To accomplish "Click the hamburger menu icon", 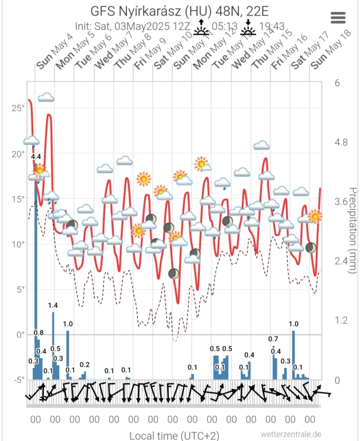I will coord(338,17).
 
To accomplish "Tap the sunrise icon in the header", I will coord(201,26).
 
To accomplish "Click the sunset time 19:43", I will coord(272,26).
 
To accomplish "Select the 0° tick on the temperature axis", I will coord(20,334).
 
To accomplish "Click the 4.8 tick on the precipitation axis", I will coord(342,143).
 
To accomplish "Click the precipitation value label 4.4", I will coord(36,157).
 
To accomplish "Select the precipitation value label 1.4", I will coord(53,305).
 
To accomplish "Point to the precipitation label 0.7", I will coord(273,339).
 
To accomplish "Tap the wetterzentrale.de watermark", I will coord(290,434).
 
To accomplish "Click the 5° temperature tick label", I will coord(20,289).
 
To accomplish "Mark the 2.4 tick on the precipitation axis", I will coord(342,261).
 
